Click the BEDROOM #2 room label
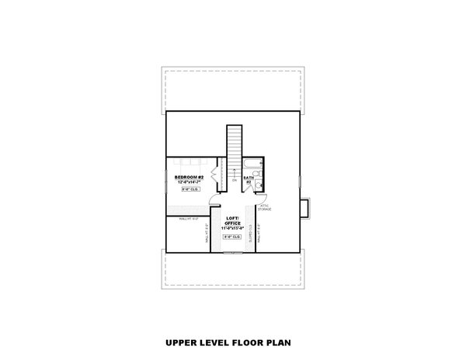tap(189, 176)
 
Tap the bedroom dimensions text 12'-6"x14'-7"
tap(189, 182)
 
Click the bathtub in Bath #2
tap(254, 164)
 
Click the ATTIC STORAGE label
tap(265, 206)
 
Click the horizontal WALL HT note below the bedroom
tap(189, 220)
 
